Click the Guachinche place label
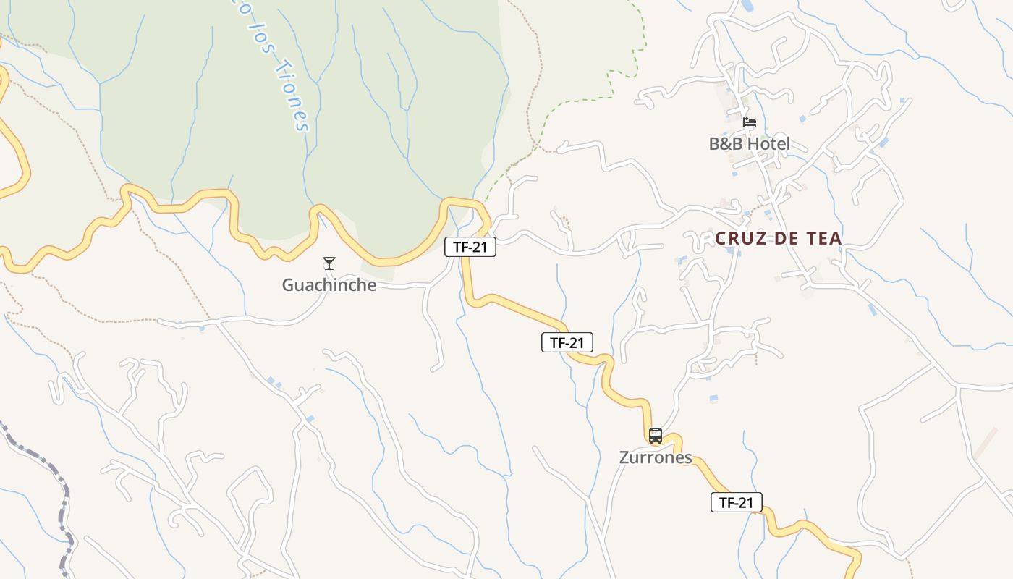tap(329, 285)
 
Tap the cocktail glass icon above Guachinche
tap(329, 263)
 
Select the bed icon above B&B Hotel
tap(750, 122)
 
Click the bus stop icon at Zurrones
tap(656, 436)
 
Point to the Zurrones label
tap(656, 457)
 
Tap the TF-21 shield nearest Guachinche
tap(470, 247)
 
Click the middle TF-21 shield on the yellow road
tap(567, 342)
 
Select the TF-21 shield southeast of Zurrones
tap(736, 502)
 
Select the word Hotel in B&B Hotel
tap(768, 144)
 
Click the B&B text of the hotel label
tap(726, 144)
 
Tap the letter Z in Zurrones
tap(624, 457)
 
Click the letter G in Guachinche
tap(288, 285)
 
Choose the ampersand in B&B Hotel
tap(726, 144)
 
